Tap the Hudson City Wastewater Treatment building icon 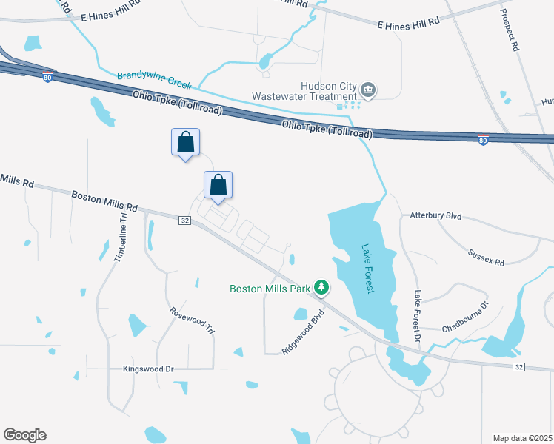coord(368,91)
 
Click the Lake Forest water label coord(367,269)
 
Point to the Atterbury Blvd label coord(435,216)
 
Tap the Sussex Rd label coord(486,258)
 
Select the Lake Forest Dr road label coord(418,316)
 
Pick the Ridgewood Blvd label coord(304,337)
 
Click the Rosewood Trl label coord(192,321)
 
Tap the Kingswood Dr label coord(148,369)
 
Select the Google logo coord(24,435)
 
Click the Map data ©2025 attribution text coord(523,438)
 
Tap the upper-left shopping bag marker coord(186,141)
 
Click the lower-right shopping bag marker coord(218,185)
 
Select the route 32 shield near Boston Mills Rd coord(185,219)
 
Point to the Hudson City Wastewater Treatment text coord(304,91)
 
